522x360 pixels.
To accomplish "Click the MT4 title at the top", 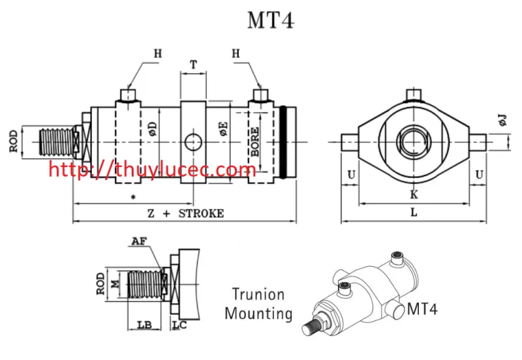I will point(270,20).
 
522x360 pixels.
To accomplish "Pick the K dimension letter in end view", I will point(414,194).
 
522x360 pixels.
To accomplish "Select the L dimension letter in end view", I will point(414,213).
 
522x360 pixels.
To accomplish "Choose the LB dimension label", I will point(145,323).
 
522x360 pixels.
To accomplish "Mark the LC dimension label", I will point(179,323).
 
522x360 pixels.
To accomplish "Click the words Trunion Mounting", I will point(258,304).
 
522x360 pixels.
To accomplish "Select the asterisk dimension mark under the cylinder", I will point(133,196).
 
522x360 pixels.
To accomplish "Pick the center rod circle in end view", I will point(414,141).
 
